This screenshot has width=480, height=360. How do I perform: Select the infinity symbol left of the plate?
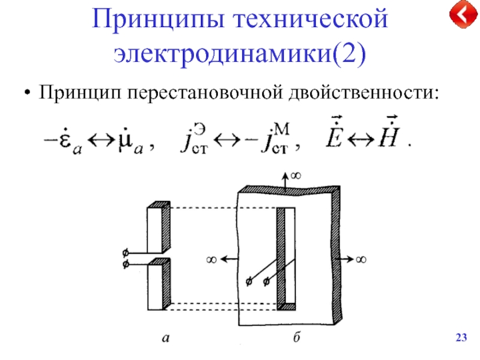pos(211,259)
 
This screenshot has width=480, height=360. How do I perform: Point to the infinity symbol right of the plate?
pos(361,259)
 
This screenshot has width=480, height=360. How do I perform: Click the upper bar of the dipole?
pos(155,229)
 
